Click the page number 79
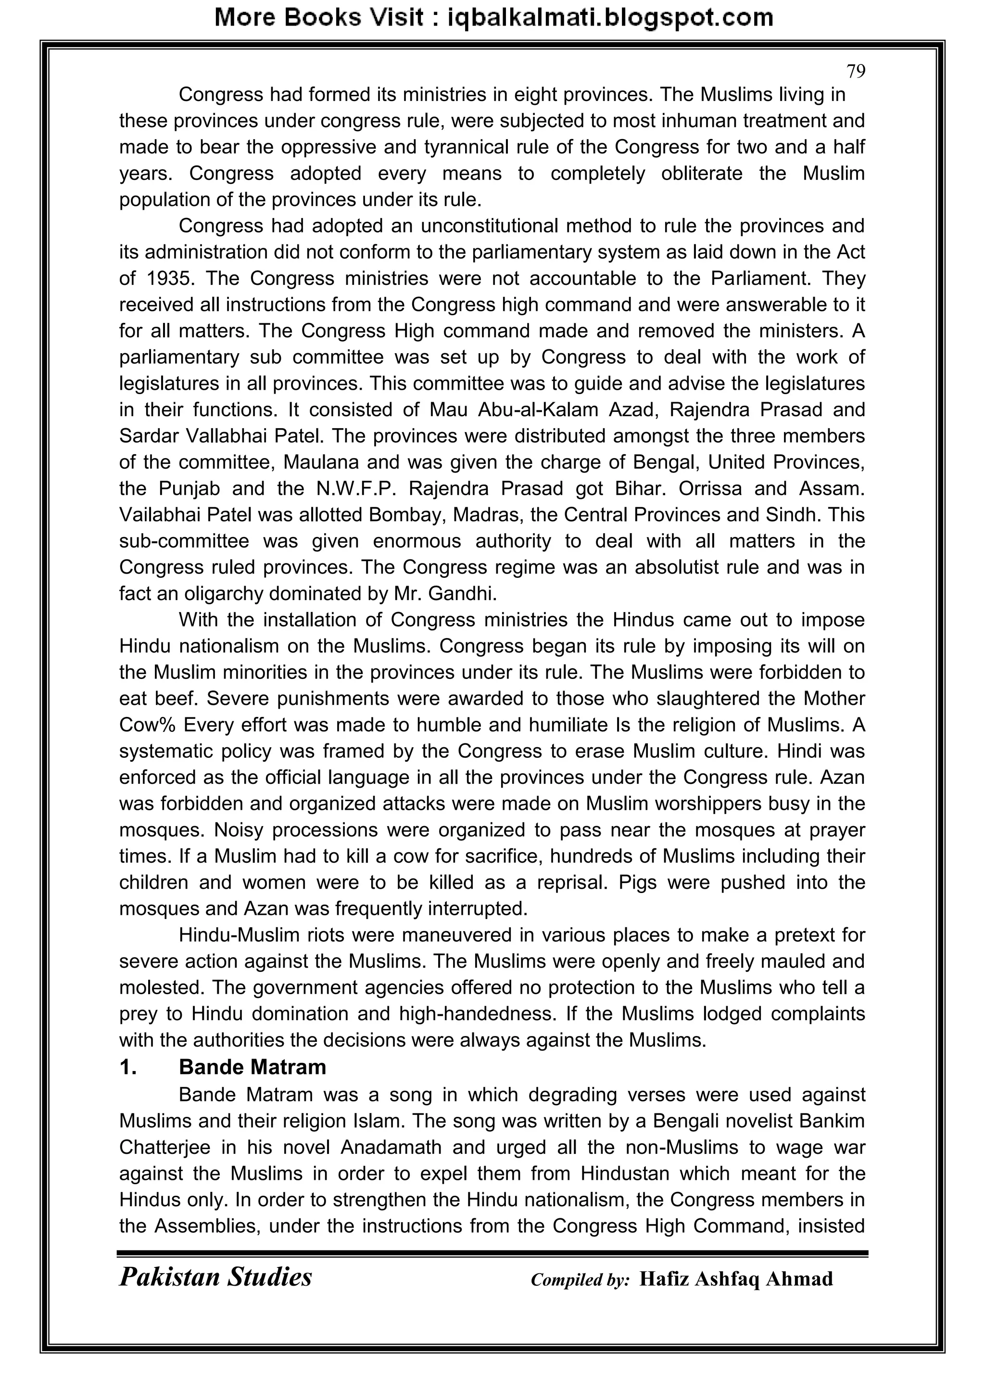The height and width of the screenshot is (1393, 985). tap(855, 72)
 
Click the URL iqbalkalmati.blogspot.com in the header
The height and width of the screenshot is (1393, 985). tap(610, 18)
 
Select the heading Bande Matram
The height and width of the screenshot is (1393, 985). tap(253, 1067)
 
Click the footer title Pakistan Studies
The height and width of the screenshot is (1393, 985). tap(215, 1277)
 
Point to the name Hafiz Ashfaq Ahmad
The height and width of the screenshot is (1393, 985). tap(736, 1279)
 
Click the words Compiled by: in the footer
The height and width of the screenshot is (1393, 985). tap(580, 1280)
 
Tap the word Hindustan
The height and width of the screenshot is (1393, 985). tap(625, 1174)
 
